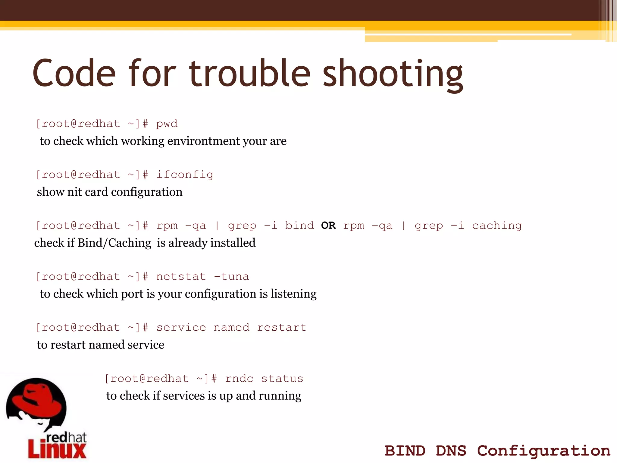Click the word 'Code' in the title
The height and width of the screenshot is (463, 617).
(x=74, y=73)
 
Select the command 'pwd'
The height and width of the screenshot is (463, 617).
(x=167, y=124)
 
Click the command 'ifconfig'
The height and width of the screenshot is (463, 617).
(x=185, y=175)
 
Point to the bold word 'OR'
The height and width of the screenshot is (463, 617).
(x=328, y=225)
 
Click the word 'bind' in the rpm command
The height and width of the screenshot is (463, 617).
(x=299, y=225)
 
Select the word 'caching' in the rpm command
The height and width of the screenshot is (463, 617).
(x=497, y=226)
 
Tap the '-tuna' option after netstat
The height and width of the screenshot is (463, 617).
(x=231, y=276)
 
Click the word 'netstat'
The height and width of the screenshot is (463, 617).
(x=181, y=276)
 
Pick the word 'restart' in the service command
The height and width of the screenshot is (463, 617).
(x=282, y=327)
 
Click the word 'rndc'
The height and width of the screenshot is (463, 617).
(x=239, y=378)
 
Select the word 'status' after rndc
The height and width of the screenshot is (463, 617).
(x=282, y=378)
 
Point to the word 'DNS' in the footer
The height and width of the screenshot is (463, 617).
(x=451, y=451)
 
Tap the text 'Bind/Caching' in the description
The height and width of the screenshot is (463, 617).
(x=114, y=243)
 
